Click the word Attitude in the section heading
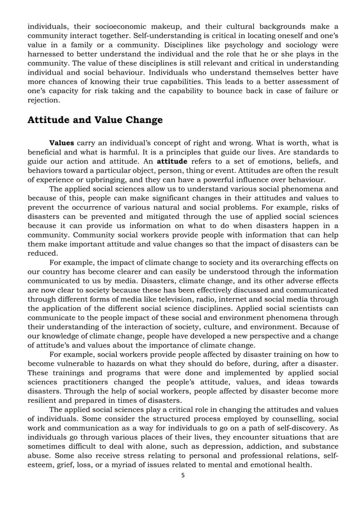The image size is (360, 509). tap(50, 120)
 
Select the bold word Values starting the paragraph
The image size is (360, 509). tap(62, 143)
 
